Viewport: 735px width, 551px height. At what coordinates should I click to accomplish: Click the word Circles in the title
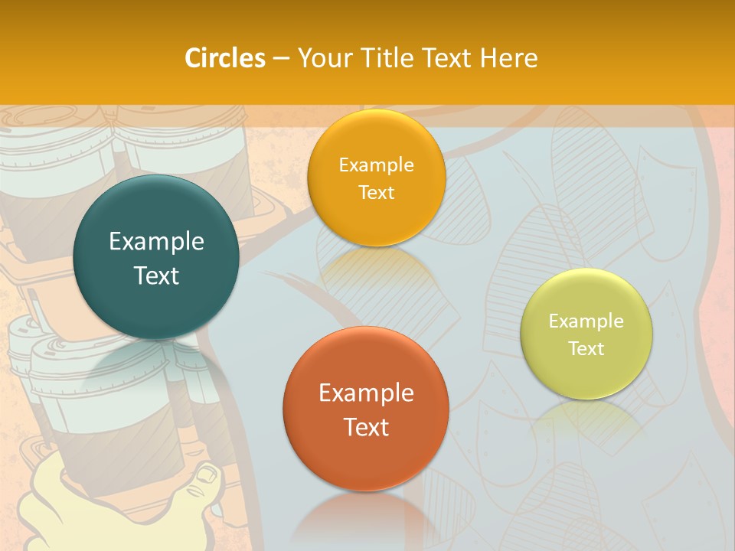pos(224,58)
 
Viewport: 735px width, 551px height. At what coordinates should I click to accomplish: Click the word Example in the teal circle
pos(156,242)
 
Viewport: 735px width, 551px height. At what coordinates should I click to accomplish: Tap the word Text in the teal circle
pos(156,275)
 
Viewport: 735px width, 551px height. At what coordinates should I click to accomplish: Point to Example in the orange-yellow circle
pos(376,165)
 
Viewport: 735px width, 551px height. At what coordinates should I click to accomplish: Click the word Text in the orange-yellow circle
pos(376,192)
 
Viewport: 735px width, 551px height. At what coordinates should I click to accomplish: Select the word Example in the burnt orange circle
pos(366,393)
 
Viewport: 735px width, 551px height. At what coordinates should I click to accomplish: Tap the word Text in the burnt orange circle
pos(366,427)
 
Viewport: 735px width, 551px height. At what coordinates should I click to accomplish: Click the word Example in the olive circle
pos(586,321)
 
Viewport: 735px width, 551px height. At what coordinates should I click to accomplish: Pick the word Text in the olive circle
pos(586,348)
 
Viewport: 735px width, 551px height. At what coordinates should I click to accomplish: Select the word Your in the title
pos(322,58)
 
